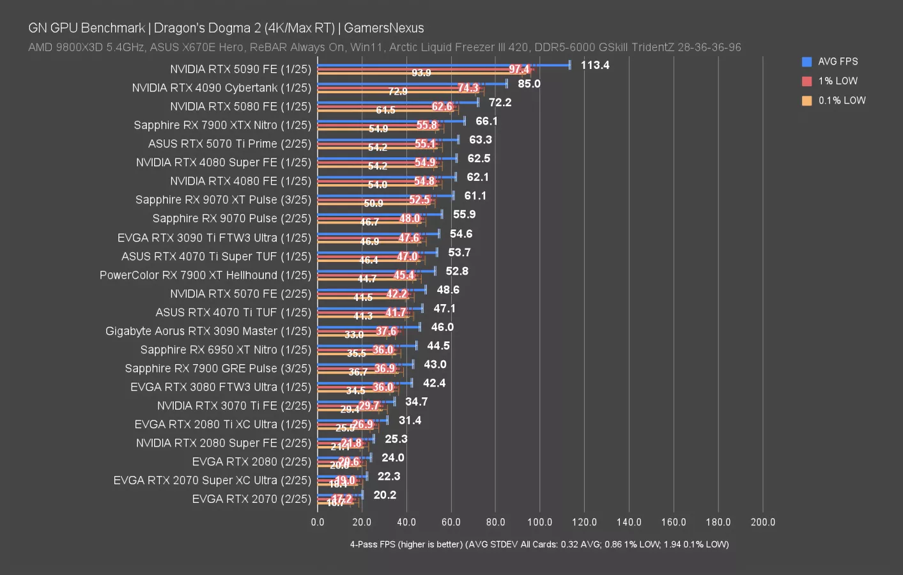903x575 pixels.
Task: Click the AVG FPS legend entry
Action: pos(837,62)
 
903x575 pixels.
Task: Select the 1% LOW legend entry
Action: pos(837,81)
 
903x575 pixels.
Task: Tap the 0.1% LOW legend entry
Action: pos(841,100)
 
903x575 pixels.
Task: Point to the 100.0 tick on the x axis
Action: pos(539,522)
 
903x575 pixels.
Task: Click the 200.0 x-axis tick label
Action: pos(762,522)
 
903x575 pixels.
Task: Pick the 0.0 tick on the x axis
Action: pos(318,522)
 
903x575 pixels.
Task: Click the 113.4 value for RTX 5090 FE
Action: pos(594,65)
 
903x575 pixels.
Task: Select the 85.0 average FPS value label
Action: pos(529,84)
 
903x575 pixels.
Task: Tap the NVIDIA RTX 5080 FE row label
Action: pos(240,107)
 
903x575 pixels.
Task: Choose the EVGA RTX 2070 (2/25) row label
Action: pos(251,499)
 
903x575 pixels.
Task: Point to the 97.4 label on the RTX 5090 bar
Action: pos(519,69)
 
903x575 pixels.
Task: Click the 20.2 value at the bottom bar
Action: pos(385,495)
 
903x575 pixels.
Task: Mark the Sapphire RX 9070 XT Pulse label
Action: pos(223,200)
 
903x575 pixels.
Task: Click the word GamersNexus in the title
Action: pos(383,28)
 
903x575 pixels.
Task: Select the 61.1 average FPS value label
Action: pos(475,196)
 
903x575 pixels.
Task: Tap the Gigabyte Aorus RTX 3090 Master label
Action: pos(208,331)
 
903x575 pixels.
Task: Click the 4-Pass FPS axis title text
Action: pos(539,544)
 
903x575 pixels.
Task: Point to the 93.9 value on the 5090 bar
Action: pos(421,73)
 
